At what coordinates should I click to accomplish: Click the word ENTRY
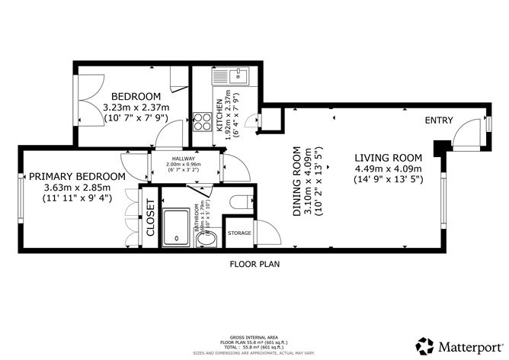coord(439,121)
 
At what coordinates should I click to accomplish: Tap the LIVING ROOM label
coord(389,158)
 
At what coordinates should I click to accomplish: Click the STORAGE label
coord(241,233)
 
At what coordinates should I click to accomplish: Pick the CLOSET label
coord(151,217)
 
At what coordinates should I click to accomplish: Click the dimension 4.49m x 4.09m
coord(389,169)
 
